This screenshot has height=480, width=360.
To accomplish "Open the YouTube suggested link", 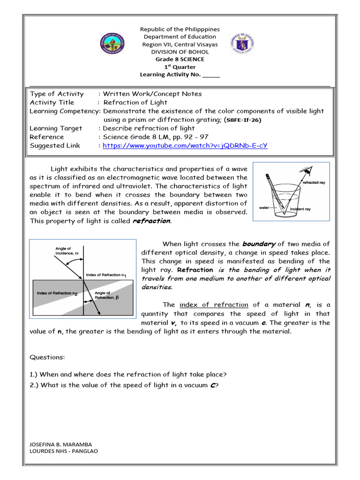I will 185,145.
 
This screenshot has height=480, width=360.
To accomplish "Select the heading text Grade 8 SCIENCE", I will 180,60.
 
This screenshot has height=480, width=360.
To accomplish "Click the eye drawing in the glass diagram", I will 307,170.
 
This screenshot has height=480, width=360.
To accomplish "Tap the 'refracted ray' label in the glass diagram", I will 314,182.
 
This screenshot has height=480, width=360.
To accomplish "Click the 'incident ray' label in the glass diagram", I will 300,209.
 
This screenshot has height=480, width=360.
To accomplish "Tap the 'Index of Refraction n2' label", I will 57,293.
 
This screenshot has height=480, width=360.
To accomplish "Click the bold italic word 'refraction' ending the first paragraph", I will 152,221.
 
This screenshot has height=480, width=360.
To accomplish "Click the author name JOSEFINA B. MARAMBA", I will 60,444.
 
